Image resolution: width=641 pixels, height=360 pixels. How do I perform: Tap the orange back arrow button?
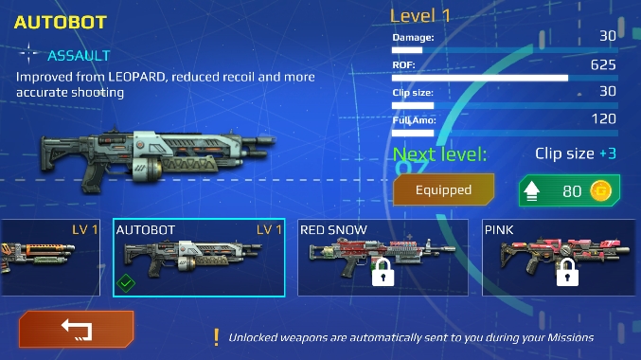(x=77, y=330)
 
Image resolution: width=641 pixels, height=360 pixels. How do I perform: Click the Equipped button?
(x=443, y=189)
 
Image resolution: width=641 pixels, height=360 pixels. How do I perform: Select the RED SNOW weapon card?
(x=383, y=258)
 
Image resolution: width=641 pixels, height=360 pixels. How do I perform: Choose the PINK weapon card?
(x=559, y=258)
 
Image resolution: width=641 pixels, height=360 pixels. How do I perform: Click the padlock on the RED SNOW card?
(x=383, y=273)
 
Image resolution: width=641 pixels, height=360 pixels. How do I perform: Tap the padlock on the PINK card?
(x=567, y=273)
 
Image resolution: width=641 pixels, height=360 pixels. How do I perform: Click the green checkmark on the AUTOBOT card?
(x=126, y=282)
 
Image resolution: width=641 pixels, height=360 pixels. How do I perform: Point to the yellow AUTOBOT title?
(x=61, y=23)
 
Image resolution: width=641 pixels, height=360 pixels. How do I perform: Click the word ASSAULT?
(x=79, y=56)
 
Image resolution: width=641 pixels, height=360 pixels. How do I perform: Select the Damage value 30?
(x=608, y=36)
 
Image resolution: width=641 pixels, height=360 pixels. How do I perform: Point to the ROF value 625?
(x=603, y=64)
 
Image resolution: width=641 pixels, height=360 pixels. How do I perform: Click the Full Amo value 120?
(x=603, y=119)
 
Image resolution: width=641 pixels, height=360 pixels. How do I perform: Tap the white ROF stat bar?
(x=480, y=78)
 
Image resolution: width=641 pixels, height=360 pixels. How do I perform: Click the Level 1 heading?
(x=419, y=16)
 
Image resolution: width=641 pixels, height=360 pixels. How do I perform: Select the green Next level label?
(x=440, y=154)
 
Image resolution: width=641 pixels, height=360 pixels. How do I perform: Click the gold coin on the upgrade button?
(x=600, y=190)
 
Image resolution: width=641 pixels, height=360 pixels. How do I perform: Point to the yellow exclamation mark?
(x=216, y=338)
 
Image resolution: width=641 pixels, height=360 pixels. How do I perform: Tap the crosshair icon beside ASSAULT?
(x=28, y=54)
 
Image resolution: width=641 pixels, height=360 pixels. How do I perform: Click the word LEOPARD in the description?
(x=134, y=77)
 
